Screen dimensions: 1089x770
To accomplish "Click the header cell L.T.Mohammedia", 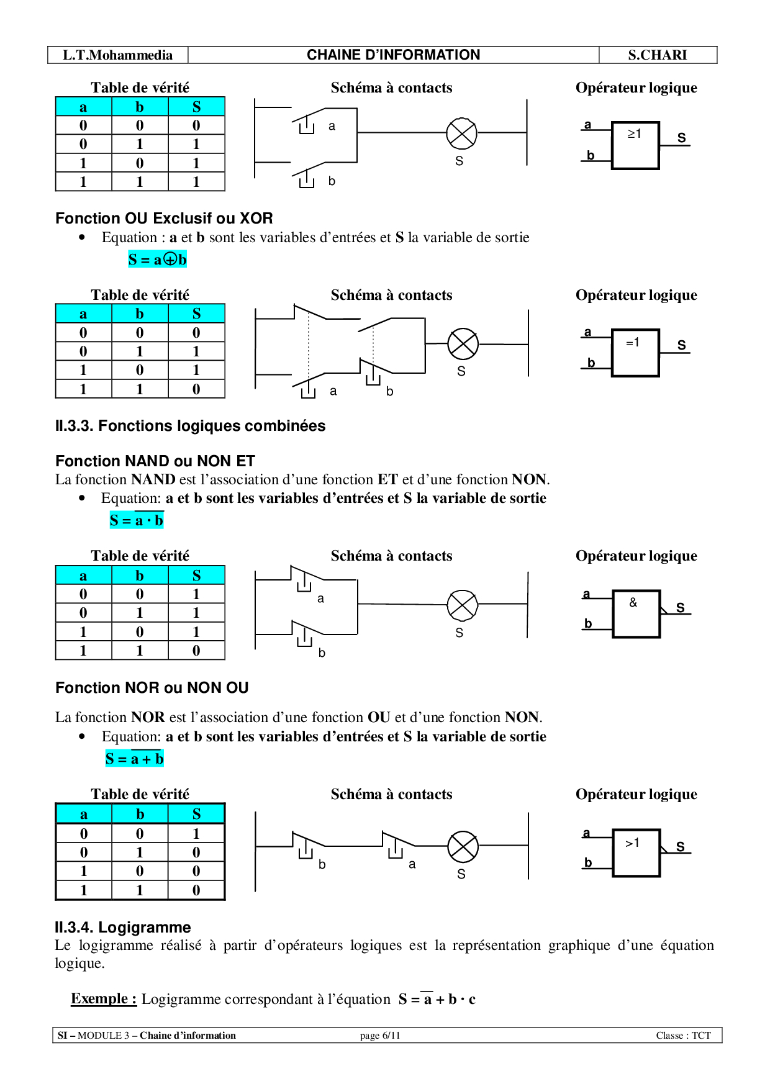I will point(118,55).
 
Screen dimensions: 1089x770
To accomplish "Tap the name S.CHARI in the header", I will point(657,55).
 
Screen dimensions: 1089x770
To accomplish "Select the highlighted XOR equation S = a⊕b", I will point(157,260).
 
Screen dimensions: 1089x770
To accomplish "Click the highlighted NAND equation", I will point(137,520).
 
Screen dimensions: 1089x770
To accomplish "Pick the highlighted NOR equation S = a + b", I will point(134,759).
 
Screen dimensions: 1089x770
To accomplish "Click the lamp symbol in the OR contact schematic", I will point(461,133).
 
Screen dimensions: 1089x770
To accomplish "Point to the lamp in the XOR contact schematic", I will point(463,344).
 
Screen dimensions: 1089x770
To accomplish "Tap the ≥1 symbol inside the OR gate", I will point(634,133).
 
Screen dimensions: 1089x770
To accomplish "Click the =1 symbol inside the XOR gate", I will point(633,342).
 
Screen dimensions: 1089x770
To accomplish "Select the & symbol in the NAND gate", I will point(633,602).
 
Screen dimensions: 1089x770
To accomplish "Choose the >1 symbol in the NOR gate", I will point(633,843).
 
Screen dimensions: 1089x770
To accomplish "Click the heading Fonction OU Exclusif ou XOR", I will point(164,219).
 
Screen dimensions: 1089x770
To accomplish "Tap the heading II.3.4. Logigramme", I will point(123,927).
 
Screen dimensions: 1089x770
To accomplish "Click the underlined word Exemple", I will point(103,998).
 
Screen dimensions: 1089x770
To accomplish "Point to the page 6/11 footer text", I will point(379,1035).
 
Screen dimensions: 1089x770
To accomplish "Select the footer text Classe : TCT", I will point(683,1035).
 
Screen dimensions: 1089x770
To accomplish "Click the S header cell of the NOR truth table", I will point(196,814).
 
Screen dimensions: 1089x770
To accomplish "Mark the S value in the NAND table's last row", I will point(196,651).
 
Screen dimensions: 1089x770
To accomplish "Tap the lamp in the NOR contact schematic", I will point(463,846).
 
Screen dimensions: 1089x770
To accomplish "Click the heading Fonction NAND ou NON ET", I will point(155,461).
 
